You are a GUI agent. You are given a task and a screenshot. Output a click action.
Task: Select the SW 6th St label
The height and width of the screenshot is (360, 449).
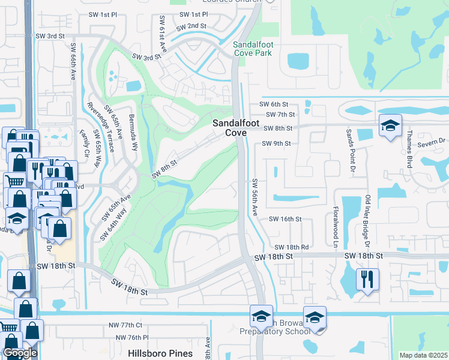tap(274, 104)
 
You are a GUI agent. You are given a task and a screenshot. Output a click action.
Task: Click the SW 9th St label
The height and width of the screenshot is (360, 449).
tap(276, 143)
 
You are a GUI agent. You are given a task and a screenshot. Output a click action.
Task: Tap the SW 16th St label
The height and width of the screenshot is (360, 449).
tap(285, 219)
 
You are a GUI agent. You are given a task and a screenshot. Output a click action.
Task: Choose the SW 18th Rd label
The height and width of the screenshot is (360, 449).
tap(291, 247)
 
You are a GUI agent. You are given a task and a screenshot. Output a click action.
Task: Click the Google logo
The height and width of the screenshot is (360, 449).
tap(20, 353)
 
